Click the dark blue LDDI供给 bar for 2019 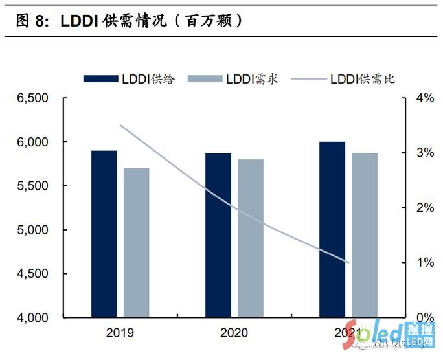pyautogui.click(x=104, y=234)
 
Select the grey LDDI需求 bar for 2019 pyautogui.click(x=137, y=243)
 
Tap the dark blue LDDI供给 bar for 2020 pyautogui.click(x=218, y=235)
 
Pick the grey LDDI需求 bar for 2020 pyautogui.click(x=250, y=238)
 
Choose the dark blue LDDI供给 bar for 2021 pyautogui.click(x=332, y=230)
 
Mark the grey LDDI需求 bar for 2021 pyautogui.click(x=365, y=235)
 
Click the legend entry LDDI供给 pyautogui.click(x=129, y=79)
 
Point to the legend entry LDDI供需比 pyautogui.click(x=343, y=79)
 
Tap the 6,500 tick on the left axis pyautogui.click(x=33, y=98)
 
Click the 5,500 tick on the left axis pyautogui.click(x=33, y=186)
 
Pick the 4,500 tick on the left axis pyautogui.click(x=33, y=274)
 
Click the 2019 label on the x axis pyautogui.click(x=120, y=333)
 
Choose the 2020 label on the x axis pyautogui.click(x=234, y=333)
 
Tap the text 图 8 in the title pyautogui.click(x=30, y=20)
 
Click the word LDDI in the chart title pyautogui.click(x=78, y=20)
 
